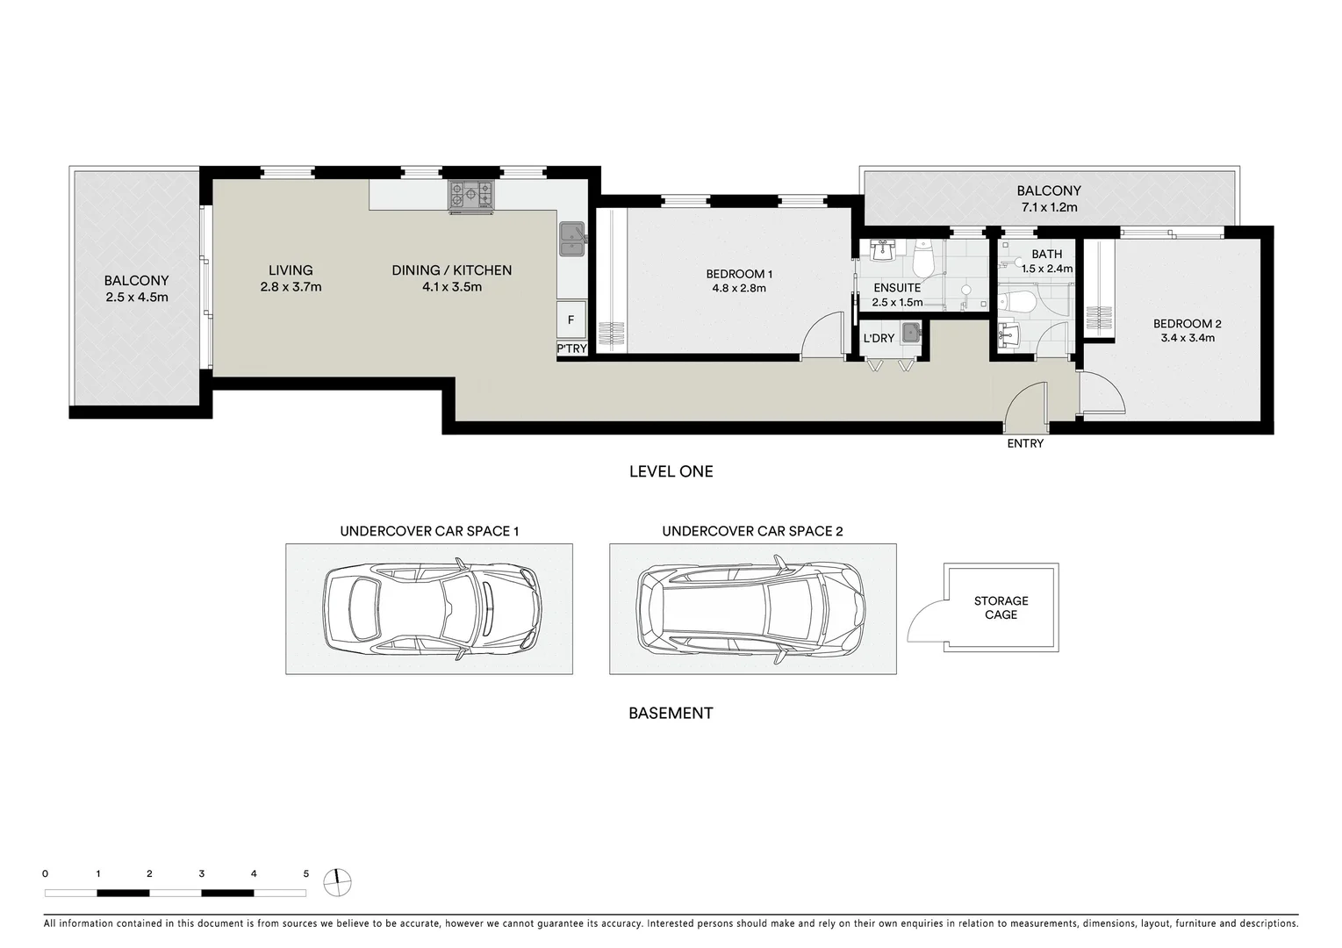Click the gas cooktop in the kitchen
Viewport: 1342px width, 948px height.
click(x=471, y=196)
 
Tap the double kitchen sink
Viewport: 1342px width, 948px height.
click(x=572, y=239)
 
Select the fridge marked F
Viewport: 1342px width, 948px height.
click(x=571, y=320)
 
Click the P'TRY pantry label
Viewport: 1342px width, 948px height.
click(x=571, y=349)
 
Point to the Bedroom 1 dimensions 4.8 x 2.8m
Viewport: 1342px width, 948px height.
click(x=739, y=288)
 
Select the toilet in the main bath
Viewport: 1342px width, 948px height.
click(x=1018, y=302)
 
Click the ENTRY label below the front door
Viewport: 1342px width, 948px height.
click(x=1025, y=444)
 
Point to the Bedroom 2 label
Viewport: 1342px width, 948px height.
click(x=1188, y=324)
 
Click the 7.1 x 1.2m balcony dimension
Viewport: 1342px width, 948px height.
click(x=1049, y=208)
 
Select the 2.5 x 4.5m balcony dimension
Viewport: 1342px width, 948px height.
click(x=136, y=297)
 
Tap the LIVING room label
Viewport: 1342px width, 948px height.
click(x=291, y=270)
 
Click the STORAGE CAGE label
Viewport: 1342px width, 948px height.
click(x=1001, y=607)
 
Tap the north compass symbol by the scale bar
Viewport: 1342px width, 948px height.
click(x=337, y=881)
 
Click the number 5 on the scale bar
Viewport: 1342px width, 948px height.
click(x=306, y=874)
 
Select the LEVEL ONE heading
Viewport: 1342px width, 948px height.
click(x=671, y=471)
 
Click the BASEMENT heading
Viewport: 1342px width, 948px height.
click(x=671, y=714)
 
